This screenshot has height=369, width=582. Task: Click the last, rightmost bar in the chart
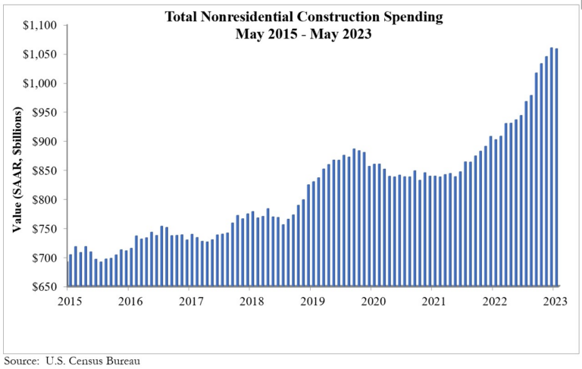tap(557, 167)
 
